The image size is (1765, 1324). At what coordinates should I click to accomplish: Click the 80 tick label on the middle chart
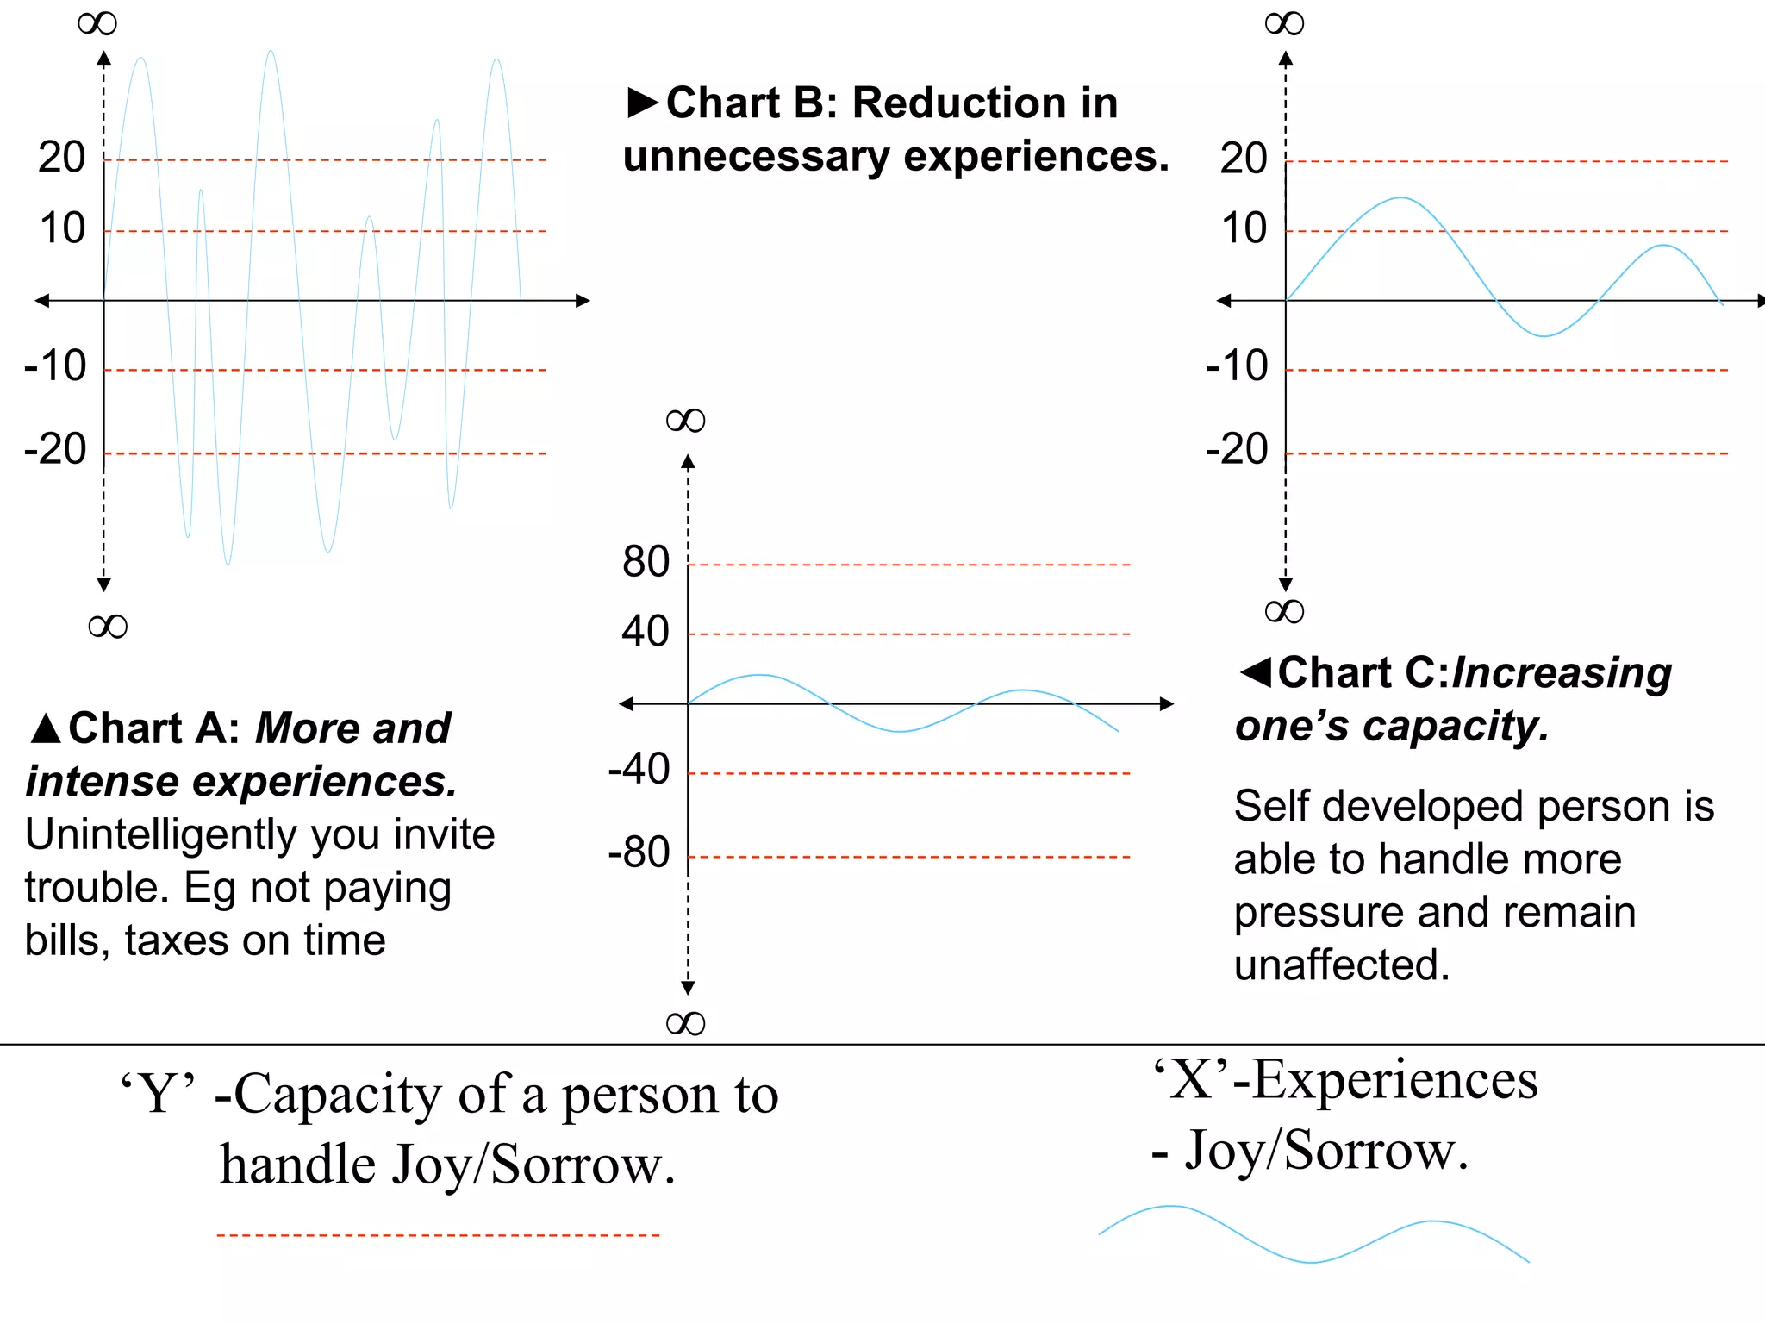646,562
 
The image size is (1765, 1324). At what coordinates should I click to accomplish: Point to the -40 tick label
639,769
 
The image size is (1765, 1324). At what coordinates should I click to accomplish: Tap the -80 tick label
639,852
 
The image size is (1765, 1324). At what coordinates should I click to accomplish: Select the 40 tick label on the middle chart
646,632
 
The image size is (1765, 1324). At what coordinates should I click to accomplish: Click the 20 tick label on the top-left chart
62,158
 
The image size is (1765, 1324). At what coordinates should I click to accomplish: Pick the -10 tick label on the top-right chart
1237,366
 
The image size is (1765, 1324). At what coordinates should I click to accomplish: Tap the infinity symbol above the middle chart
685,421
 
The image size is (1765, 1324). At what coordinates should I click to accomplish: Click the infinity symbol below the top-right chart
1284,612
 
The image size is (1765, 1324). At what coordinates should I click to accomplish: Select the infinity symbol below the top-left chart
108,626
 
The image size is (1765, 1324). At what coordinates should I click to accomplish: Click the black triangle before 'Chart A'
45,729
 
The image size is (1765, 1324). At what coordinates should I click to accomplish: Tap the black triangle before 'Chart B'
643,103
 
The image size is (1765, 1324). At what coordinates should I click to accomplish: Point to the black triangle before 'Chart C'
1256,671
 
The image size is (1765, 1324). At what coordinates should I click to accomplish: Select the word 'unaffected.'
1342,965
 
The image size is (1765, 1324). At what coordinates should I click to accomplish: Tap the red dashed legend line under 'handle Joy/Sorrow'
438,1235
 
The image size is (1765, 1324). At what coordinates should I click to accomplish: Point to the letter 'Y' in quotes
158,1095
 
